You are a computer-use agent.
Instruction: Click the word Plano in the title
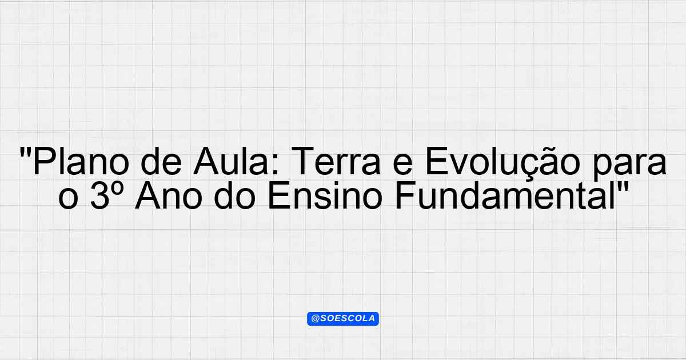[81, 161]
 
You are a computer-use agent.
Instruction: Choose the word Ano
[169, 195]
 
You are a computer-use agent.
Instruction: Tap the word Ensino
[325, 195]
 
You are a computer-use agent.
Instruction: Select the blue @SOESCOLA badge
[343, 319]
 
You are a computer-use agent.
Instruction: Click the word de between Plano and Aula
[161, 161]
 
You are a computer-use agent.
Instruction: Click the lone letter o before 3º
[68, 199]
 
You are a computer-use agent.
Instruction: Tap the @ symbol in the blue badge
[316, 319]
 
